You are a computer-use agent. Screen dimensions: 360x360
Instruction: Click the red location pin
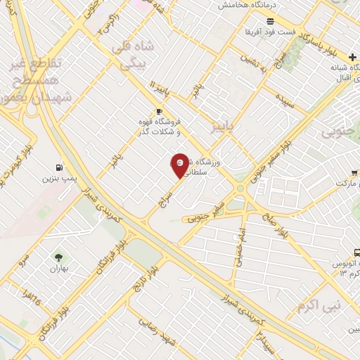pos(180,165)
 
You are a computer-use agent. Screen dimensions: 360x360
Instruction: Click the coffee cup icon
pos(159,111)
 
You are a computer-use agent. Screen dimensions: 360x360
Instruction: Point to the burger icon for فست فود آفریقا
pos(270,22)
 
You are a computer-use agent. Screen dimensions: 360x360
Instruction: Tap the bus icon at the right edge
pos(356,252)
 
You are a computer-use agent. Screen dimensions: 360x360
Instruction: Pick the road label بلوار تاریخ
pos(146,272)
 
